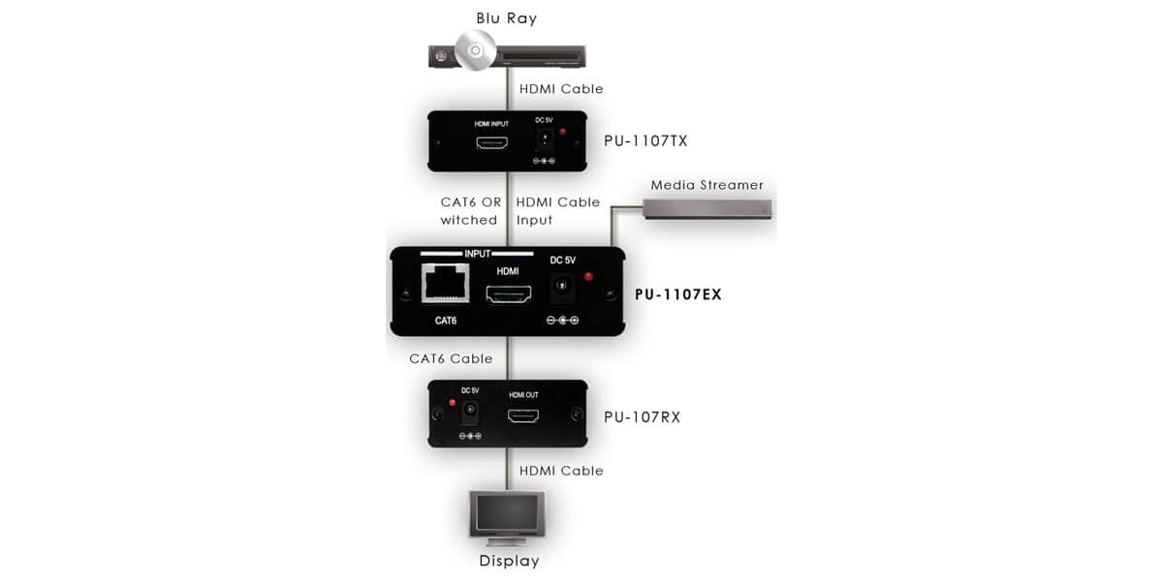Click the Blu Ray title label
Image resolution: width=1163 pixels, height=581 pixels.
506,18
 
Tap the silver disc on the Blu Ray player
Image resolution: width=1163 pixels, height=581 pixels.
475,50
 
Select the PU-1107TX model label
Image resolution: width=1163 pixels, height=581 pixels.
645,141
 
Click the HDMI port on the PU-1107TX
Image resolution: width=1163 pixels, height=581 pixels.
491,142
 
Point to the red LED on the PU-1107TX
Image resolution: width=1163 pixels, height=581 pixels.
562,132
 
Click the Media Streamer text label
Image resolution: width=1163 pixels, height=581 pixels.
707,185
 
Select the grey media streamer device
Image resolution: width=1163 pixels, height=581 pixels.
707,209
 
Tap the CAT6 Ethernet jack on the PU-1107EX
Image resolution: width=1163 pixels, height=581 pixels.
446,283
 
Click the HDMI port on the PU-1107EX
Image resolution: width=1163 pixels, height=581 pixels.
508,294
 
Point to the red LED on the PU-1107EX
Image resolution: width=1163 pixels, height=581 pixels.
588,277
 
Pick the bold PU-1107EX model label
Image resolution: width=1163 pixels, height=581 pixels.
678,294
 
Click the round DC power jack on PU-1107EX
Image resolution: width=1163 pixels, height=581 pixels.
562,286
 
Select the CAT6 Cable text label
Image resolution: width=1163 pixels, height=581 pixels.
451,358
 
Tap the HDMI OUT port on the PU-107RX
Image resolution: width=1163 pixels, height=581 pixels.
522,415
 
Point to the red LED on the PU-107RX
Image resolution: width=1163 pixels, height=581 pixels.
453,403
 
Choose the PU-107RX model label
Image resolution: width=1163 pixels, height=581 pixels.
642,417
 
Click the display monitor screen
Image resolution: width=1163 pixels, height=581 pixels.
507,512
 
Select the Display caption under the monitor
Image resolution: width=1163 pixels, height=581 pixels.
509,561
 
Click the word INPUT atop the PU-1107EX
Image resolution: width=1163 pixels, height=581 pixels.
477,254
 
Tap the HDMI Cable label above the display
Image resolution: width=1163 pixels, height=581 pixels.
561,471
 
